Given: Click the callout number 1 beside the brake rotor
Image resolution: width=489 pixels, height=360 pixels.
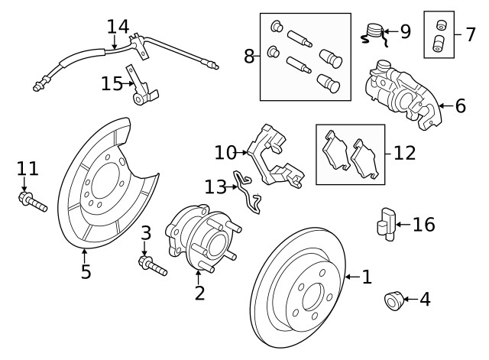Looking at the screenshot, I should click(367, 277).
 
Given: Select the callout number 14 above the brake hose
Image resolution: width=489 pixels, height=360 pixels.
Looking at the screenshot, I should click(118, 27).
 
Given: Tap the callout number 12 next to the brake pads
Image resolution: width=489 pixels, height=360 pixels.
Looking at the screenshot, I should click(404, 152).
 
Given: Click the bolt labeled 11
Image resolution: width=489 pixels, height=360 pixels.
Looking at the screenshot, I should click(31, 203).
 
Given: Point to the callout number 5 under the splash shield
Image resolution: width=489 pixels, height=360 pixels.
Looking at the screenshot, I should click(86, 271).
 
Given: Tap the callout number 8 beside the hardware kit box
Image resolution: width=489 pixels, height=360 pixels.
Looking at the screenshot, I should click(249, 56).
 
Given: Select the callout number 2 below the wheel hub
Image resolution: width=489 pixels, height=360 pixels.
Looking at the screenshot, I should click(199, 292).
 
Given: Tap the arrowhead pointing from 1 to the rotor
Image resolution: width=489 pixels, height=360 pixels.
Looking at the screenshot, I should click(347, 277).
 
